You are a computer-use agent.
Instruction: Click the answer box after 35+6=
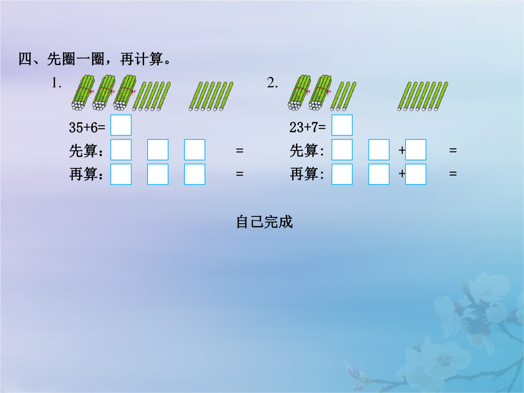point(121,125)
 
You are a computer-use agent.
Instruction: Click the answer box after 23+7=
point(342,125)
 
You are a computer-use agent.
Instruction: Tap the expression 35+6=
point(87,127)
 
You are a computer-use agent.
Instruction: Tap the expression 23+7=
point(308,127)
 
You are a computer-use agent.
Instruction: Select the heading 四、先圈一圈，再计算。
point(95,59)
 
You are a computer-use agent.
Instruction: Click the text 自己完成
point(264,222)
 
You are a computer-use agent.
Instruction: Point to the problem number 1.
point(56,83)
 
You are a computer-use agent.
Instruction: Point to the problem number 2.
point(272,83)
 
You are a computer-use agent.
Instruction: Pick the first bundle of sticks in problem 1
point(83,93)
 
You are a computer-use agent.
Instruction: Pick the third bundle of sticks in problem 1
point(125,93)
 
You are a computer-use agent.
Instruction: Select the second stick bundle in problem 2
point(320,93)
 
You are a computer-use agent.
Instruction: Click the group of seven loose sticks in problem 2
point(423,96)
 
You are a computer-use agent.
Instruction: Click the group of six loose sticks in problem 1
point(211,96)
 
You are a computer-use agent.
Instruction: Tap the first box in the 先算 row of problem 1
point(121,150)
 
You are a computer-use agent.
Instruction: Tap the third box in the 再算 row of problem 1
point(195,174)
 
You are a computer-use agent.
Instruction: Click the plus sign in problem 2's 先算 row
point(402,150)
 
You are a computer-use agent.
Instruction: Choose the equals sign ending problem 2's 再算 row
point(453,174)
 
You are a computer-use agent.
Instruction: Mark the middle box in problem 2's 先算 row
point(378,150)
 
